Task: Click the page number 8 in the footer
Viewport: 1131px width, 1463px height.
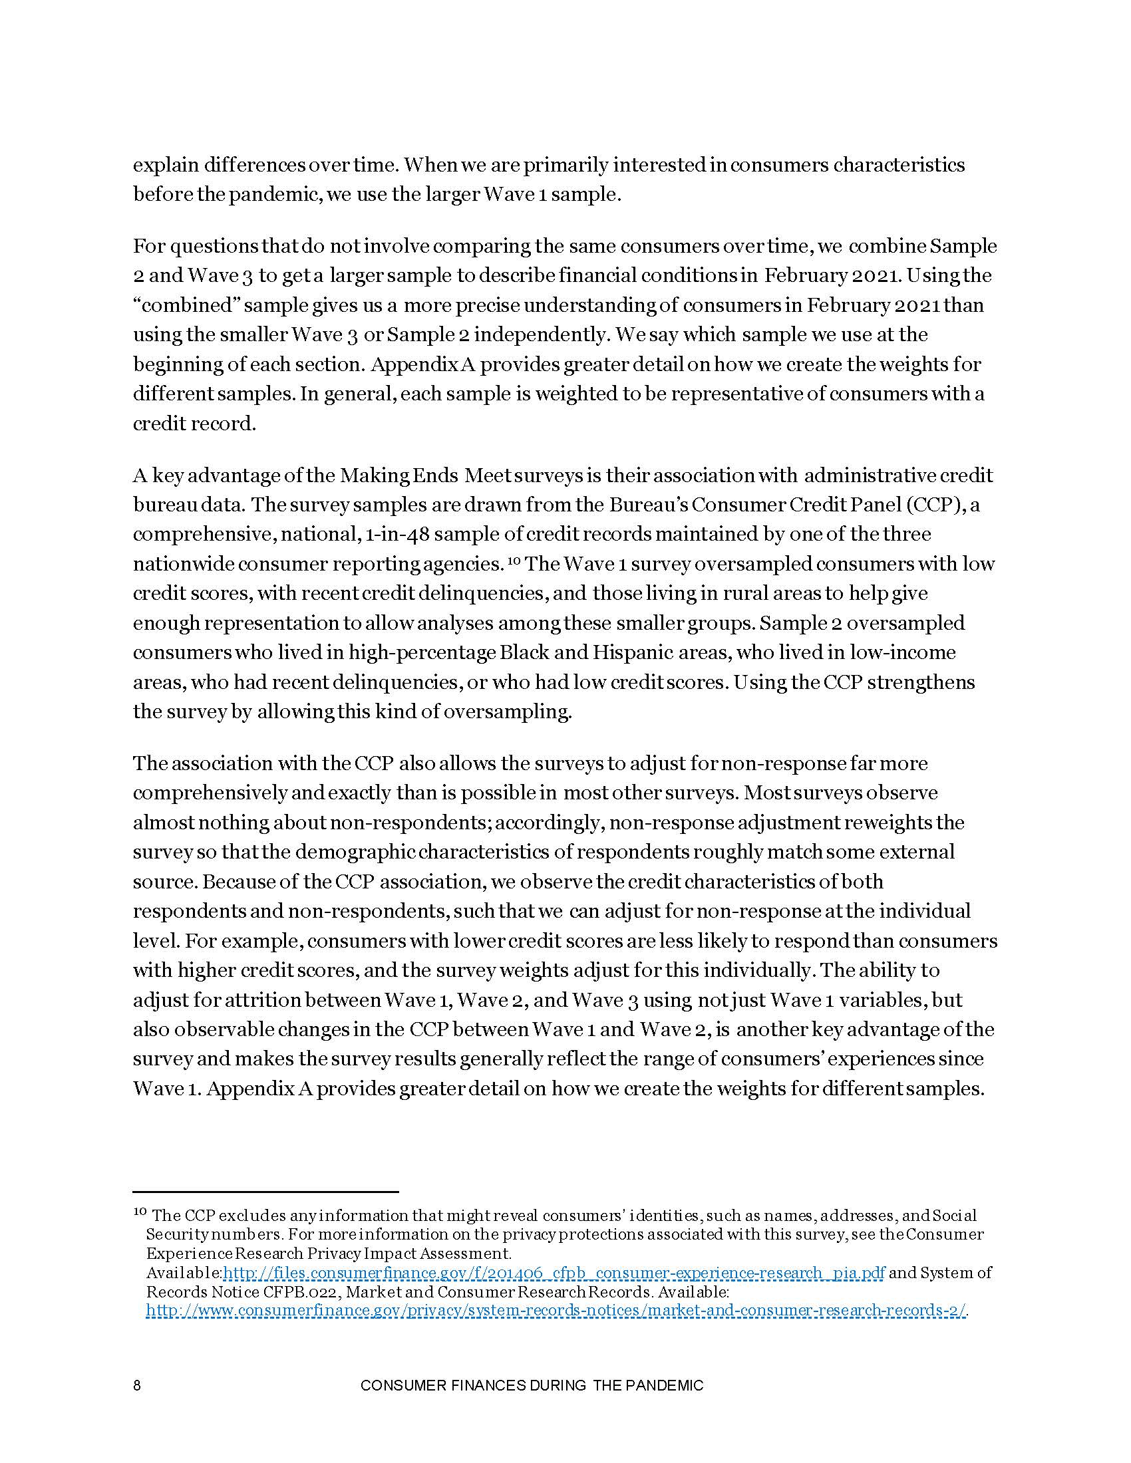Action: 137,1386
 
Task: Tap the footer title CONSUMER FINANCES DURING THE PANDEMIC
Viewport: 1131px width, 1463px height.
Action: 532,1386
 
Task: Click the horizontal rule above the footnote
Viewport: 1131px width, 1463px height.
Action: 265,1192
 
